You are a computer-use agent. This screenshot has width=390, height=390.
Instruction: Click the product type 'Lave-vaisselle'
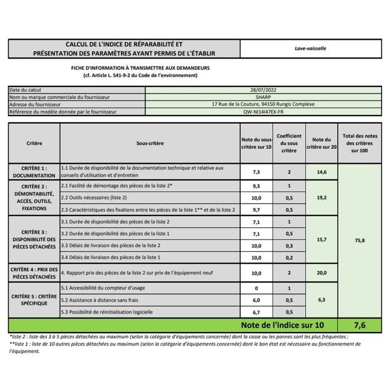tap(310, 48)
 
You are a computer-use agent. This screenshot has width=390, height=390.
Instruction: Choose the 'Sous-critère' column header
tap(150, 143)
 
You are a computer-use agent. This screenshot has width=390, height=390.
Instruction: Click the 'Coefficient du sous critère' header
tap(289, 143)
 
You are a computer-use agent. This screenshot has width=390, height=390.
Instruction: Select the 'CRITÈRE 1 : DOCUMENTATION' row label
tap(34, 172)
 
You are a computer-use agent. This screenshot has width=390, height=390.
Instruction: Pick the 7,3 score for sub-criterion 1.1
tap(256, 172)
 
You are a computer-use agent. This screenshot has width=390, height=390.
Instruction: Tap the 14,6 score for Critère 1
tap(321, 172)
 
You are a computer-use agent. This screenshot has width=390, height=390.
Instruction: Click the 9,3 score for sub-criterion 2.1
tap(256, 186)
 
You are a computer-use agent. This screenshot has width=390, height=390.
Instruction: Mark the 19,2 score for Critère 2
tap(321, 197)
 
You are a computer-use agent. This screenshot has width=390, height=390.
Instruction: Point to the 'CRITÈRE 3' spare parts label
tap(34, 239)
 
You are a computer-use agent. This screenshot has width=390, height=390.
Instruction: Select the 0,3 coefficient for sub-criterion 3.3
tap(289, 245)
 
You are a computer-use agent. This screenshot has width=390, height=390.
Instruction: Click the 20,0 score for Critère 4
tap(321, 273)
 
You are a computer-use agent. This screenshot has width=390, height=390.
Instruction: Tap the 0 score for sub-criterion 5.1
tap(256, 289)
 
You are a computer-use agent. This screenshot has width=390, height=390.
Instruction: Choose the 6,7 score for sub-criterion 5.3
tap(256, 312)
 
